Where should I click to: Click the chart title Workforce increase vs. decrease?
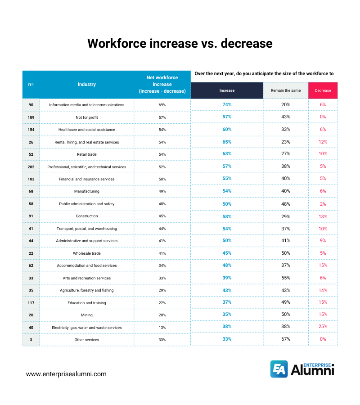pyautogui.click(x=180, y=43)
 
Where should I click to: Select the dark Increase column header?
pyautogui.click(x=227, y=90)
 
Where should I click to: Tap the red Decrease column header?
pyautogui.click(x=323, y=90)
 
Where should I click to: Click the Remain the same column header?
pyautogui.click(x=286, y=90)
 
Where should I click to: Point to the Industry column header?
pyautogui.click(x=86, y=84)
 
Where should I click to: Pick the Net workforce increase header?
pyautogui.click(x=162, y=84)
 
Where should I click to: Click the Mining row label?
pyautogui.click(x=86, y=315)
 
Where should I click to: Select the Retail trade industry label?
pyautogui.click(x=86, y=154)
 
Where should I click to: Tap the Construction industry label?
pyautogui.click(x=86, y=216)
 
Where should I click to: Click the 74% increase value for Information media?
pyautogui.click(x=227, y=104)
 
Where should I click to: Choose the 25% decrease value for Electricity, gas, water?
pyautogui.click(x=323, y=327)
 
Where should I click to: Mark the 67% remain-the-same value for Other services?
pyautogui.click(x=286, y=339)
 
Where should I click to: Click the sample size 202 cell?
pyautogui.click(x=31, y=166)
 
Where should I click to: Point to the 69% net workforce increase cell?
pyautogui.click(x=162, y=105)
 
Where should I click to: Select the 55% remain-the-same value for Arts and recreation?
pyautogui.click(x=286, y=278)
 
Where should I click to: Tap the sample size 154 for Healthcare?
pyautogui.click(x=31, y=130)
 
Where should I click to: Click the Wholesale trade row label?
pyautogui.click(x=86, y=253)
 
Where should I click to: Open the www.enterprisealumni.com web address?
pyautogui.click(x=66, y=374)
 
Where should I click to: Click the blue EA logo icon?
pyautogui.click(x=279, y=369)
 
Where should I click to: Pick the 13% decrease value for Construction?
pyautogui.click(x=323, y=216)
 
